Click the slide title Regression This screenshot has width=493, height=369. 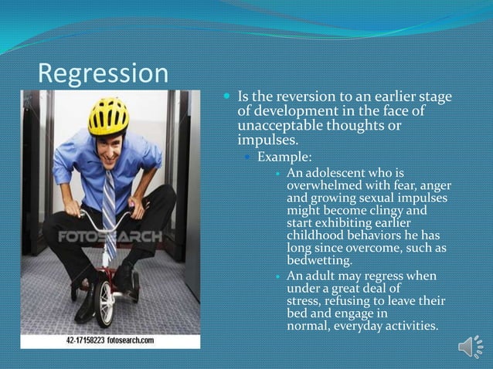click(x=103, y=73)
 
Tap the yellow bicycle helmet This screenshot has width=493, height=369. click(x=108, y=117)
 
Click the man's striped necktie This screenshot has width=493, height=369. click(x=109, y=212)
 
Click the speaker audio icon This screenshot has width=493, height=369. click(x=470, y=347)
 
